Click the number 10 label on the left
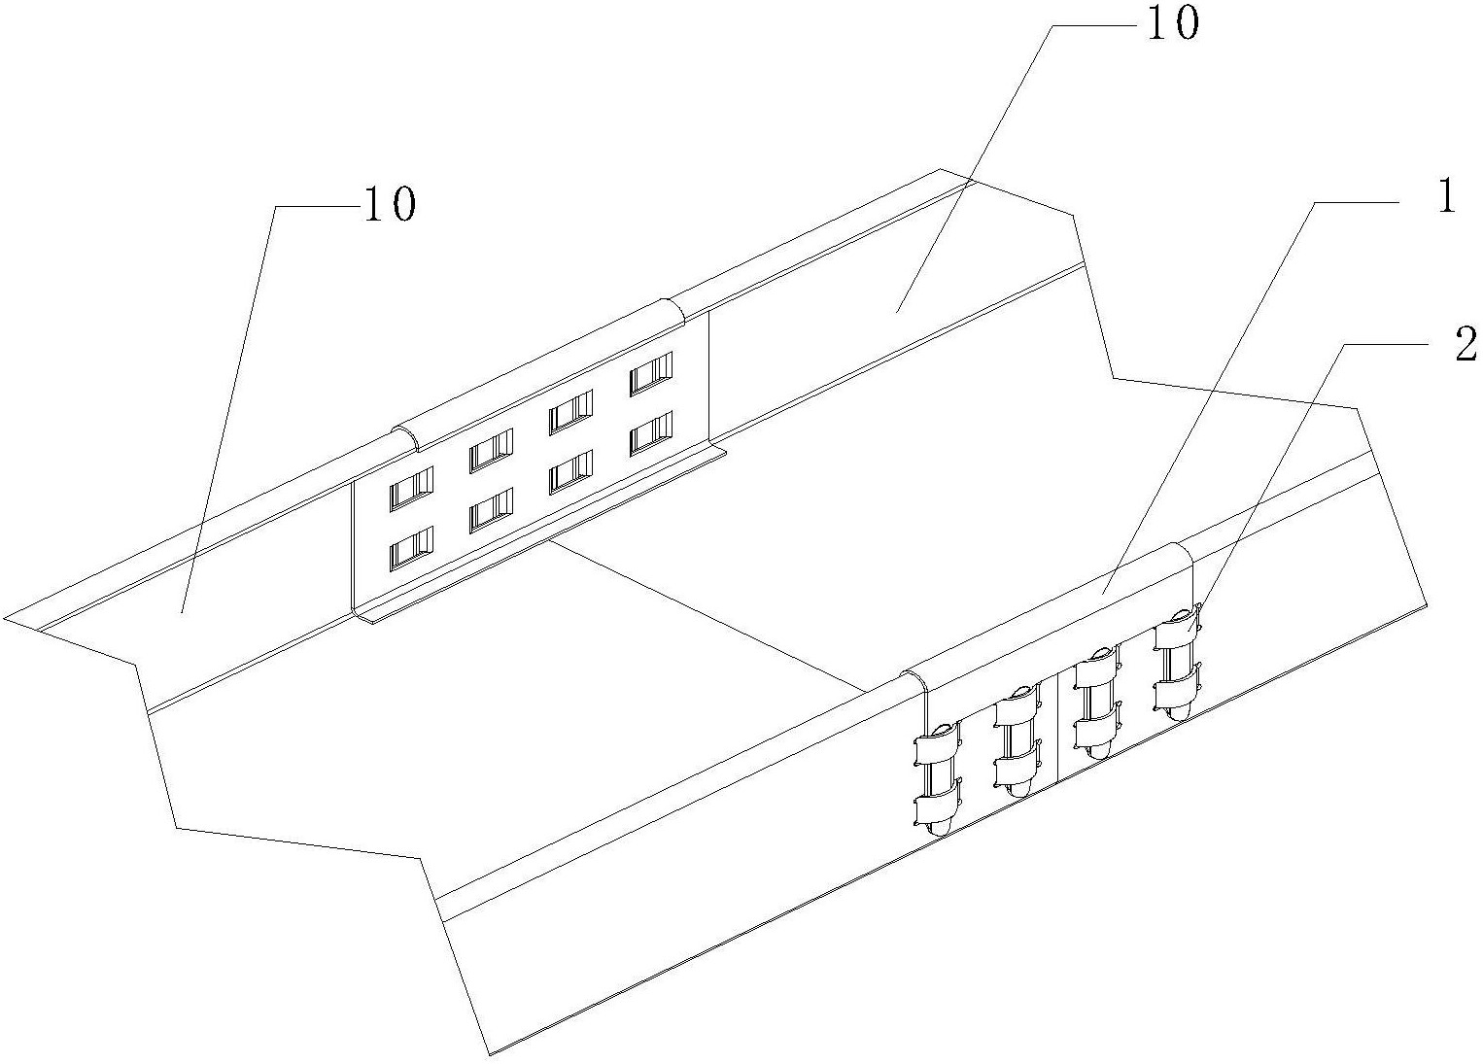point(389,205)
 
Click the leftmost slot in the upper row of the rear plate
point(411,489)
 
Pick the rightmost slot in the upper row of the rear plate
point(651,373)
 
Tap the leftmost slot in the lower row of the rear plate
point(411,549)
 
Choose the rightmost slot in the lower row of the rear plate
point(651,433)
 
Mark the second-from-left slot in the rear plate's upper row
point(491,451)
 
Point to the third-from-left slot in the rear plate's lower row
point(571,472)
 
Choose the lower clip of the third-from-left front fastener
point(1097,730)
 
